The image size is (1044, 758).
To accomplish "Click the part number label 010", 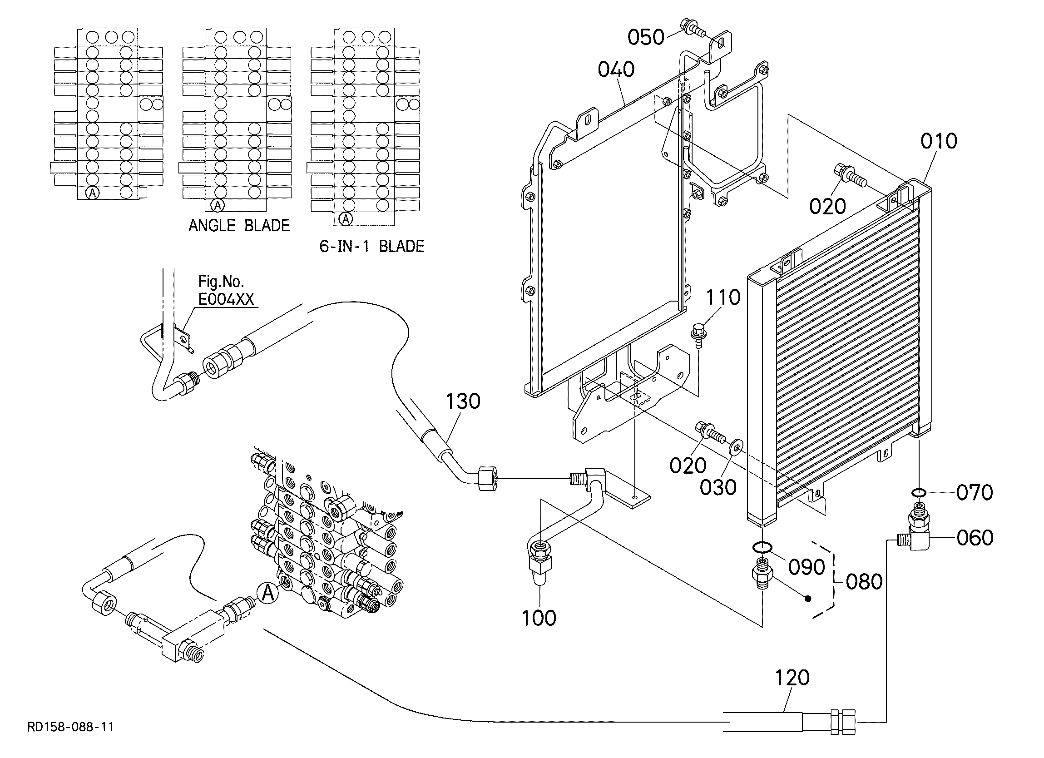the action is coord(939,141).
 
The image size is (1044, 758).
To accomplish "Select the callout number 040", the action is coord(616,69).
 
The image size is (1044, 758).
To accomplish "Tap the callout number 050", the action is coord(646,37).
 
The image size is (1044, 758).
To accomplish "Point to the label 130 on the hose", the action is coord(463,401).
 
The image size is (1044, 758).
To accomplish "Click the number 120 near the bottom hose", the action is coord(792,678).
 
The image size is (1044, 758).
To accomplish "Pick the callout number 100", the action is coord(539,618).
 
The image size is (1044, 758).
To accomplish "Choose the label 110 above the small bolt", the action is coord(723,297).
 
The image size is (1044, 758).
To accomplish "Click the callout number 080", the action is coord(865,582).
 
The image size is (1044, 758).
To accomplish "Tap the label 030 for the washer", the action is coord(718,487).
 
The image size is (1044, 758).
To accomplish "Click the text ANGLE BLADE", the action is coord(239,225).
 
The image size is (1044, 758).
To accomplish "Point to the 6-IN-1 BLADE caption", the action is coord(372,246).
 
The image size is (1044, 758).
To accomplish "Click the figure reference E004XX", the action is coord(226,299).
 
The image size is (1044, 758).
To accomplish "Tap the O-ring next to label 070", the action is coord(918,493).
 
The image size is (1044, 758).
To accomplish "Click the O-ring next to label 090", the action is coord(763,547).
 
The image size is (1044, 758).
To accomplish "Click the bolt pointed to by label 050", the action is coord(693,27).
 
